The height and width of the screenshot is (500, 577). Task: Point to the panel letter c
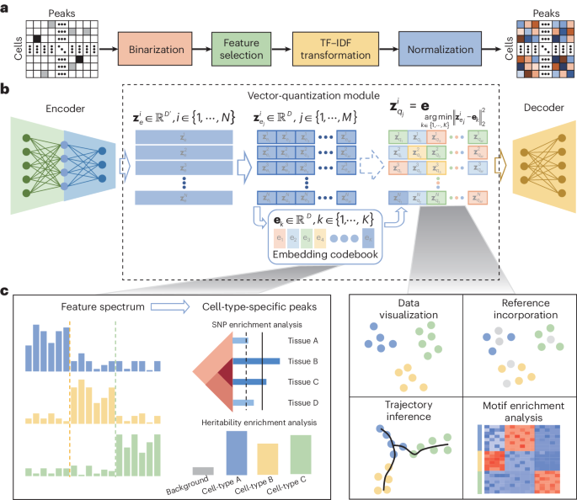(6, 292)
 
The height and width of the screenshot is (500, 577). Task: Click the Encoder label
(51, 108)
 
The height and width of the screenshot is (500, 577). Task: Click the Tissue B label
(313, 361)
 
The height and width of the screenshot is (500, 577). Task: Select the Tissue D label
(313, 402)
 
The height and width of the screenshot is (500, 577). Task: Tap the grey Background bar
(203, 471)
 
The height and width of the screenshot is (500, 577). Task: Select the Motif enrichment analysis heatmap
(518, 460)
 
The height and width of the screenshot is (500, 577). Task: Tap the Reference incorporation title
(516, 309)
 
